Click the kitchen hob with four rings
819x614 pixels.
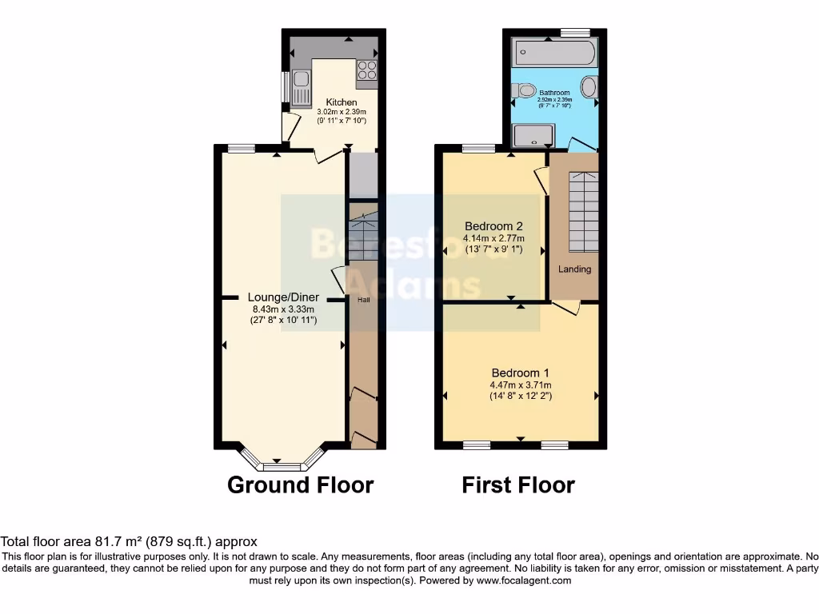(x=367, y=70)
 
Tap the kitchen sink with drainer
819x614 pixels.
(x=301, y=87)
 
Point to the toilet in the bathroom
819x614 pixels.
(x=525, y=91)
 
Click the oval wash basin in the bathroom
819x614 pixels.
(x=589, y=86)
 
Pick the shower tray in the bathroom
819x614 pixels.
(x=533, y=136)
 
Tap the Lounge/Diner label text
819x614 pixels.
(x=282, y=298)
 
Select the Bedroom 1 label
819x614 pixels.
(x=520, y=373)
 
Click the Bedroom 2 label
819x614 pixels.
(x=493, y=225)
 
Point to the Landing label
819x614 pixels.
(x=574, y=269)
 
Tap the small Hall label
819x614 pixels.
(x=363, y=300)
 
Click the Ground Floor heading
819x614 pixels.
(x=301, y=484)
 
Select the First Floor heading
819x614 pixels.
(x=518, y=484)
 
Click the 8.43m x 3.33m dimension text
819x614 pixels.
(x=282, y=309)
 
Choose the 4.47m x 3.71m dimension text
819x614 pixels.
(x=520, y=385)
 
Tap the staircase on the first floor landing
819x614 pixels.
(x=582, y=211)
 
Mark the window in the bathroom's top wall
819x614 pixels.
(x=574, y=32)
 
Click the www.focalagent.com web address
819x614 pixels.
(x=523, y=580)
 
